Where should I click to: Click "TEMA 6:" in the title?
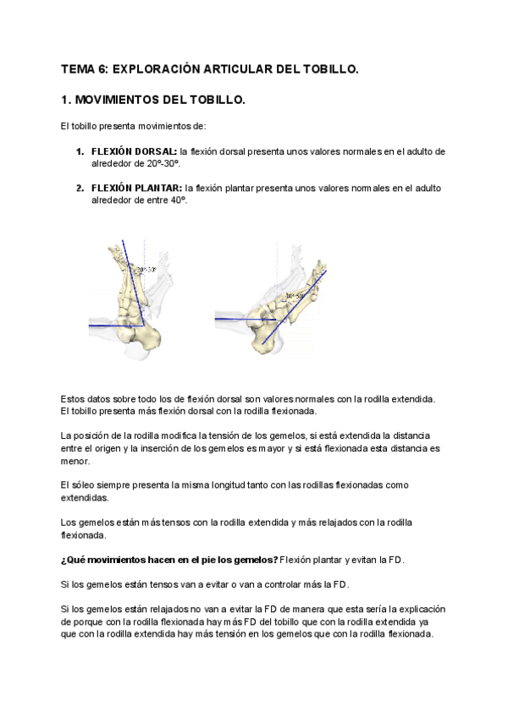[x=85, y=69]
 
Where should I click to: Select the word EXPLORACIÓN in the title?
[x=154, y=69]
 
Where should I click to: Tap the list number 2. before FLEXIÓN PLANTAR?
[x=80, y=188]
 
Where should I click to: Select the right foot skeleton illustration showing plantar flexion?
[x=284, y=300]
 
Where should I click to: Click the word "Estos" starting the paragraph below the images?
[x=75, y=398]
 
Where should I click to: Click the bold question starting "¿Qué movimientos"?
[x=169, y=560]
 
